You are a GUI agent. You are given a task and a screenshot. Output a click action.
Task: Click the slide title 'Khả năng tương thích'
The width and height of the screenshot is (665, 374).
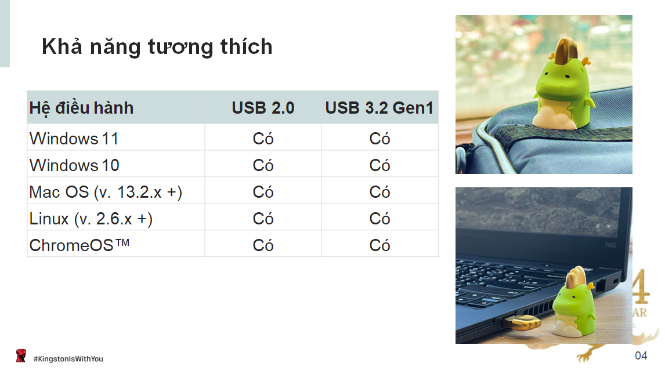157,47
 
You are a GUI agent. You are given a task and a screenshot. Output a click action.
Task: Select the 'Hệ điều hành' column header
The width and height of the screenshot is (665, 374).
81,108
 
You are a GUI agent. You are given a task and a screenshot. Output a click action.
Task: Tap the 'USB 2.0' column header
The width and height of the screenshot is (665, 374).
263,108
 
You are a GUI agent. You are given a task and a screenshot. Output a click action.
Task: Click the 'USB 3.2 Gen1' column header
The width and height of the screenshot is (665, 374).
379,108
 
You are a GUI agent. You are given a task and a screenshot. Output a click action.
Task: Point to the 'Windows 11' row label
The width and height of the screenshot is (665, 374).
74,139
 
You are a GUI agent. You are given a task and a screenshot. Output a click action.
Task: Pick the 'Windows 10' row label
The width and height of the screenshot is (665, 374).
74,166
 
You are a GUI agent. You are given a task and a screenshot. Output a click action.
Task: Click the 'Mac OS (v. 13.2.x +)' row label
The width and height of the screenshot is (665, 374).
106,193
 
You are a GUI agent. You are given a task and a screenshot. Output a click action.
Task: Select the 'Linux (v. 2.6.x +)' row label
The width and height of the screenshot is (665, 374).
91,219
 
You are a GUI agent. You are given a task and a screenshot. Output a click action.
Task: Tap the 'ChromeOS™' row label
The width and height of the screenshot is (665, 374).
79,245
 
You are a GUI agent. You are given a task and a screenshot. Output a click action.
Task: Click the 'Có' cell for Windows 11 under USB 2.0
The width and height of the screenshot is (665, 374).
263,139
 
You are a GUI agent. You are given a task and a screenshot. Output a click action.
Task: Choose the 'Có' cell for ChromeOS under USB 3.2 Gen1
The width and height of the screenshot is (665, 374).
380,246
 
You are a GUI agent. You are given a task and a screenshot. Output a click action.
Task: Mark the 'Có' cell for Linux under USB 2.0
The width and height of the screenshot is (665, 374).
263,219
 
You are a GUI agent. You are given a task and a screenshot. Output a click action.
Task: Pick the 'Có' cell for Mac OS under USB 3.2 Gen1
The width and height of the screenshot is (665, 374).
380,193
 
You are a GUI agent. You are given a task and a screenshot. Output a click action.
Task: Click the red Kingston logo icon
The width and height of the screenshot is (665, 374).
21,356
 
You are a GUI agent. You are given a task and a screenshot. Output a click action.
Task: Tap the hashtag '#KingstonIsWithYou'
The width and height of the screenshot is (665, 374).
68,359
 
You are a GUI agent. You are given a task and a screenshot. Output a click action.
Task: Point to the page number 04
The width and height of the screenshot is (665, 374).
641,356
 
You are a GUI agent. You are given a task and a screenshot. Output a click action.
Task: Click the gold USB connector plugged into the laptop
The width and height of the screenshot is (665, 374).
522,323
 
